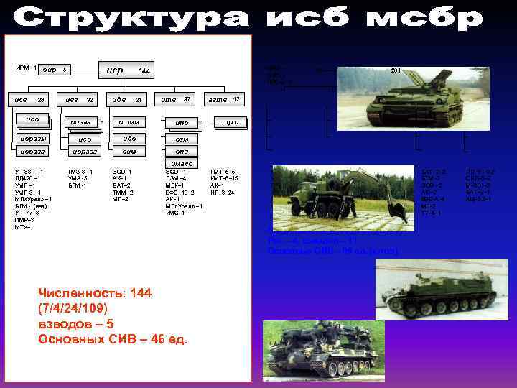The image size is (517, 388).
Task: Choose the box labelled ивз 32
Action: click(79, 99)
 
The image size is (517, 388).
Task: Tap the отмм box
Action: click(129, 122)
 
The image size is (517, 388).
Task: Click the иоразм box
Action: click(34, 138)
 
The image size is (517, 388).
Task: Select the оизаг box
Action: click(80, 122)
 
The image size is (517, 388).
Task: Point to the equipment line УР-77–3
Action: click(29, 213)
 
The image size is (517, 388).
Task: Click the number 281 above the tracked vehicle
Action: click(394, 70)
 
